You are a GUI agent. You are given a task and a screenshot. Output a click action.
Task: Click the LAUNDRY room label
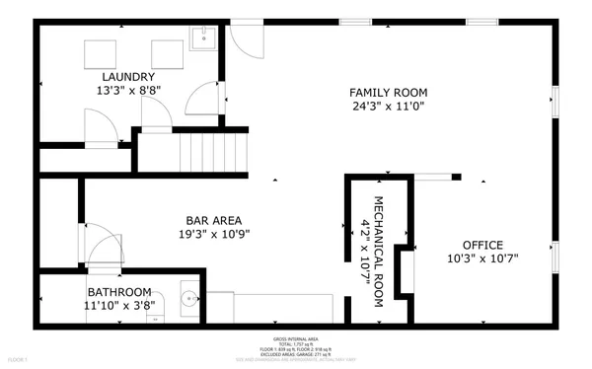coord(126,76)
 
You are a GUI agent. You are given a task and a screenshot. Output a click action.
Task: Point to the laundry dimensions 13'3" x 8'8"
coord(126,90)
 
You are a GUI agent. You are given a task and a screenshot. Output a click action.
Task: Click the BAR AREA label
coord(214,220)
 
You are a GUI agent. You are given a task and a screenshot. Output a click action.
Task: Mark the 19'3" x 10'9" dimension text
coord(214,235)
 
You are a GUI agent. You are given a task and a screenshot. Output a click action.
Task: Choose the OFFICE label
coord(483,245)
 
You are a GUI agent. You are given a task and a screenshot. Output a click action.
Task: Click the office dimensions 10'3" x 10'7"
coord(483,258)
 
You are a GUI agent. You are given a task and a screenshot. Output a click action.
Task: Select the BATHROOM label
coord(119,292)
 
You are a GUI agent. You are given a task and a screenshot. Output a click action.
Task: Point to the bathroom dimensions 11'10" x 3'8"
coord(119,307)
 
